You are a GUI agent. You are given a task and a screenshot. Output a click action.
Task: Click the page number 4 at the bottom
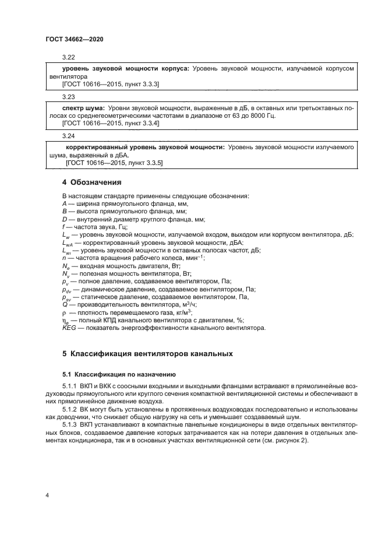click(x=47, y=495)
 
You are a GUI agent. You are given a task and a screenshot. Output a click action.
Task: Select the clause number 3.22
click(x=69, y=58)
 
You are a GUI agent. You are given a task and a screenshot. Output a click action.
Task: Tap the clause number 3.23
click(x=69, y=97)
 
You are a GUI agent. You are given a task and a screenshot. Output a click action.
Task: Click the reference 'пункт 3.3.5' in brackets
click(x=146, y=163)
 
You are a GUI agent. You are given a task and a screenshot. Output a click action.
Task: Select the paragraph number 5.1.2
click(x=70, y=409)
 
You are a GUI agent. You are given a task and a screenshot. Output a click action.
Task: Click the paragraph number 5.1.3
click(x=70, y=424)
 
